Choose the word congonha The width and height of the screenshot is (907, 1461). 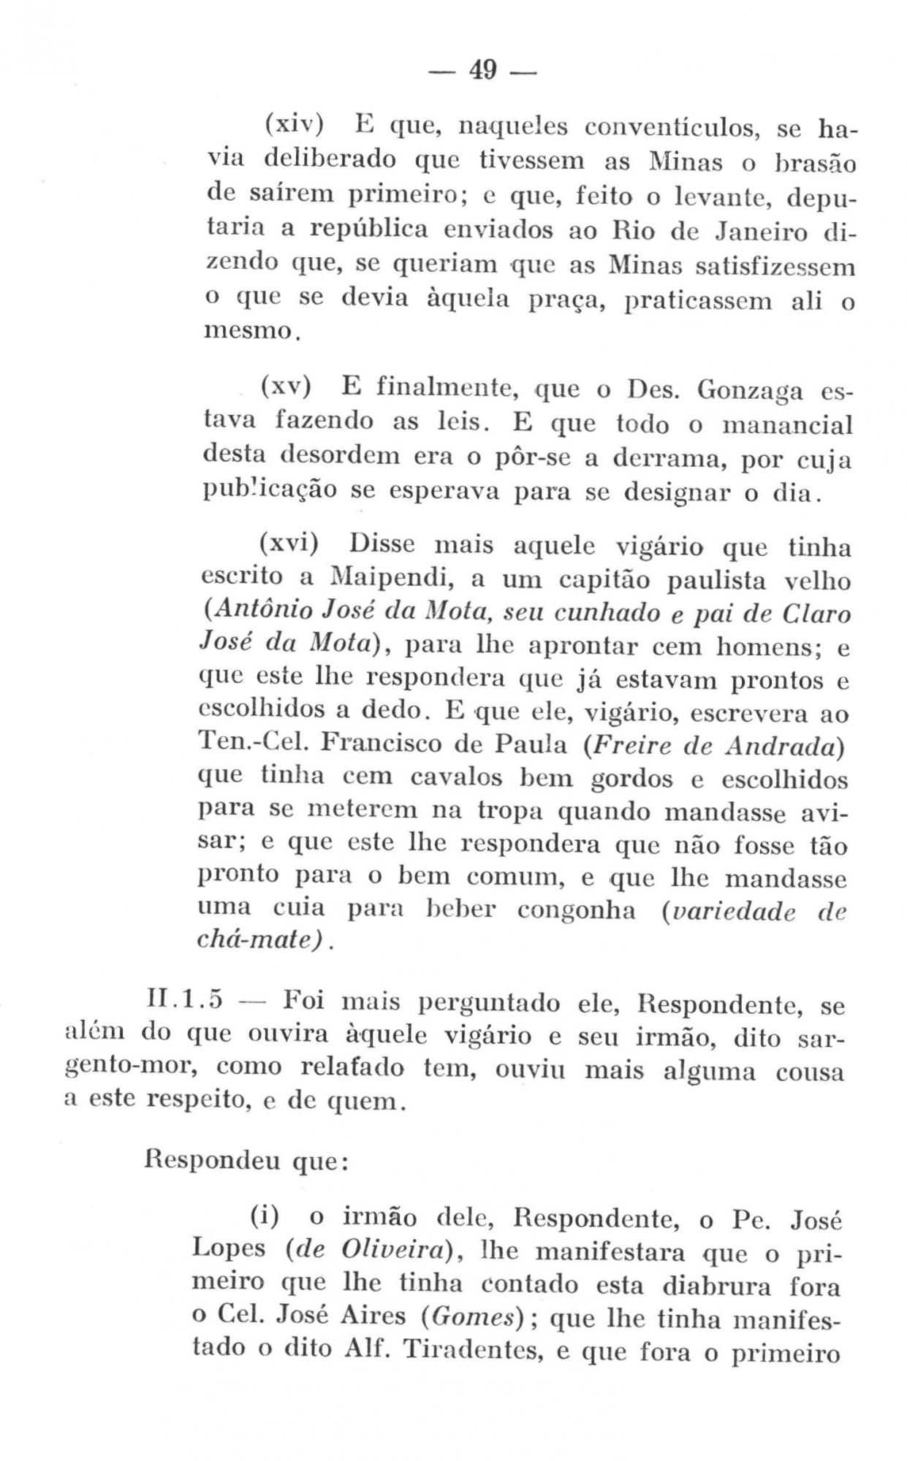(576, 911)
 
